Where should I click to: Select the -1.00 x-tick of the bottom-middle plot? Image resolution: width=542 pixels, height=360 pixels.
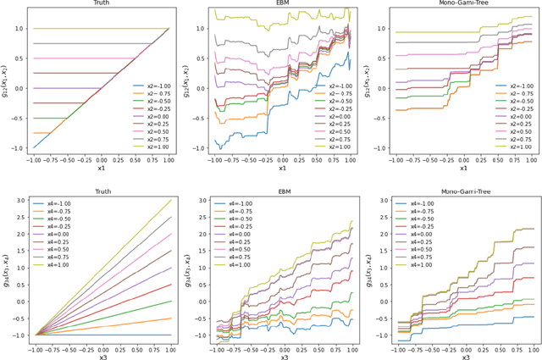[x=213, y=346]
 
